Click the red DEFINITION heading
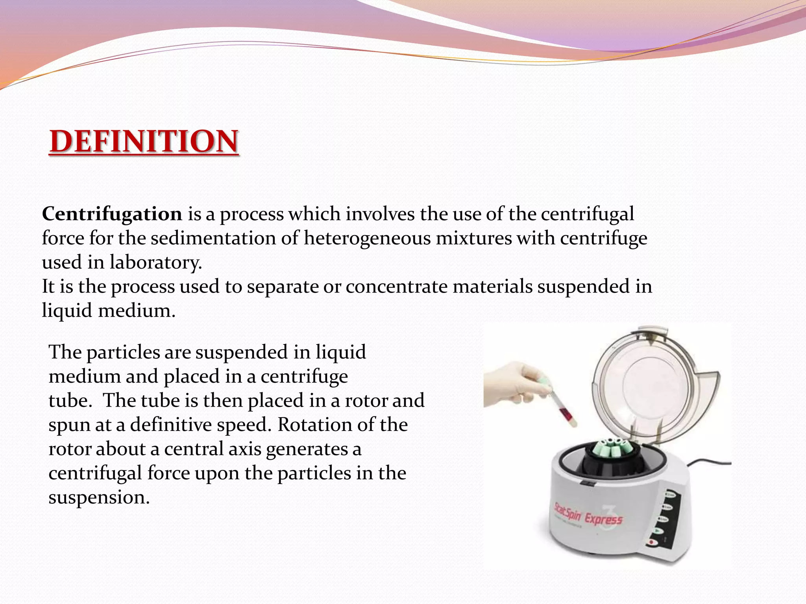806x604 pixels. point(144,141)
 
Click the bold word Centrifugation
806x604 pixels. point(112,214)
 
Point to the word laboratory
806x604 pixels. point(155,263)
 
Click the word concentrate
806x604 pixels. point(396,287)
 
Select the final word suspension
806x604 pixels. point(99,497)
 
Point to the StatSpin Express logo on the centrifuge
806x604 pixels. point(588,515)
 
